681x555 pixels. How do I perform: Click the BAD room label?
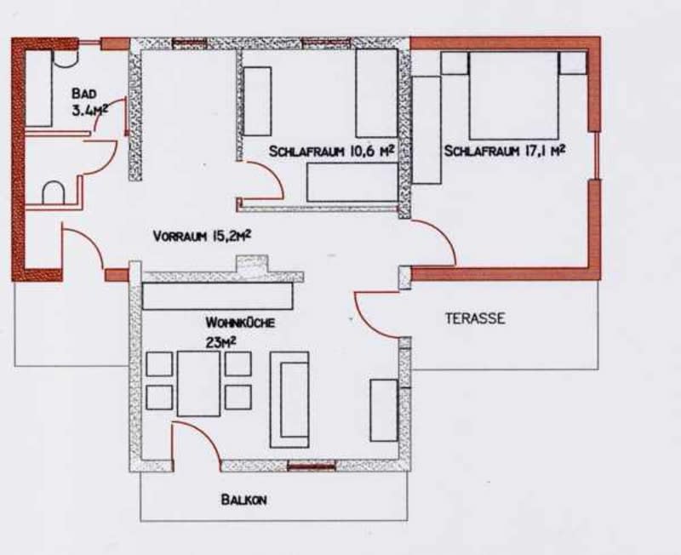pos(84,94)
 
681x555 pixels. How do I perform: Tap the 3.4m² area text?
pos(89,111)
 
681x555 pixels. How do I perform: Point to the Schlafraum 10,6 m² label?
pos(331,152)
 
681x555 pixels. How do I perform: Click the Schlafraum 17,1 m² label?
pos(505,152)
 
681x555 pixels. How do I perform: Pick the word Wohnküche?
pos(240,323)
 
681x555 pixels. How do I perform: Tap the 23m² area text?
pos(221,342)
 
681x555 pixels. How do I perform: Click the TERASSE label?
pos(475,318)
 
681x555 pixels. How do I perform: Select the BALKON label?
pos(243,500)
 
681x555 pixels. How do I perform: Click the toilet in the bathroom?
pos(54,192)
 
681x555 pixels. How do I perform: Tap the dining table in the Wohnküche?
pos(198,383)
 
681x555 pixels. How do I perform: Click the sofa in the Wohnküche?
pos(289,399)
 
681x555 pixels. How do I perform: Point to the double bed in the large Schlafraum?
pos(513,95)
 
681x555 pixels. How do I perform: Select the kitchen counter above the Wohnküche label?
pos(218,296)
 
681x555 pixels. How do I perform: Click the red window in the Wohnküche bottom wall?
pos(312,466)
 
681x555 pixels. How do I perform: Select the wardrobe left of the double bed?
pos(426,130)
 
